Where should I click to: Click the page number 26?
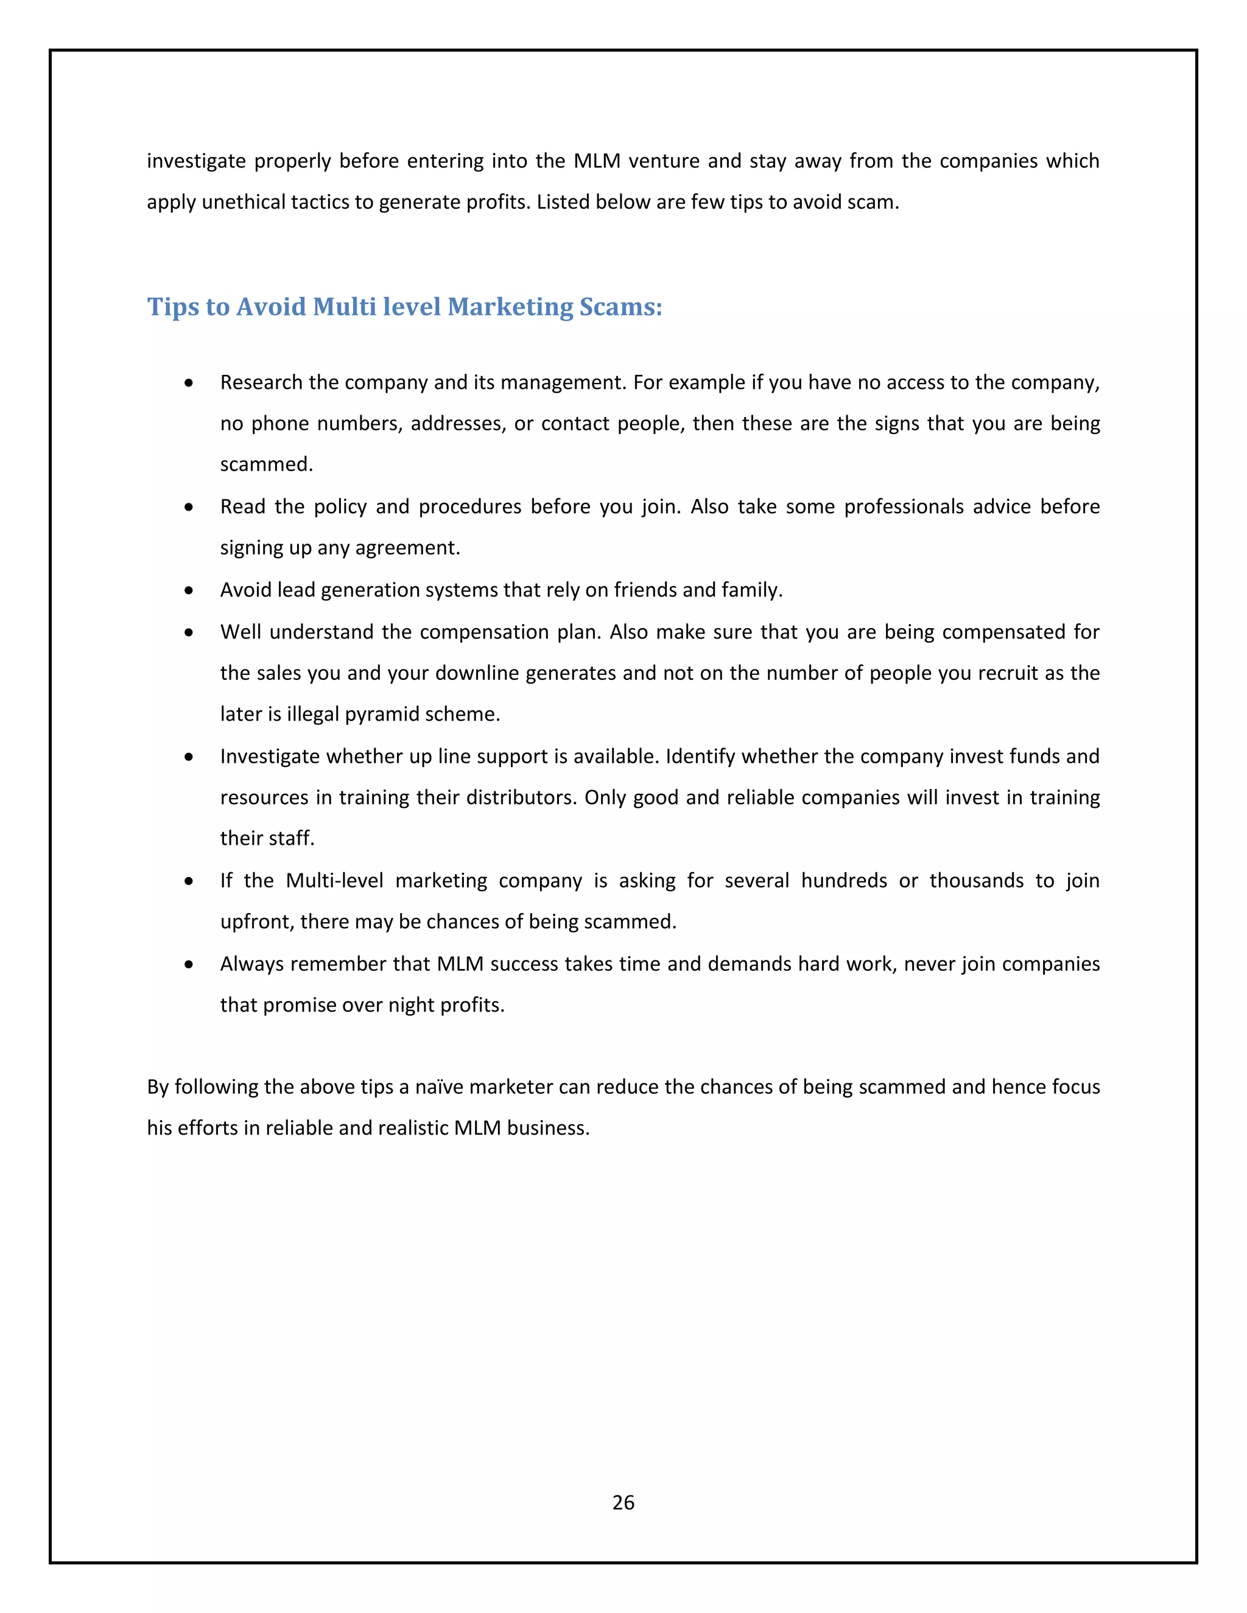point(623,1502)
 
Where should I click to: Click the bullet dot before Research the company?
point(190,383)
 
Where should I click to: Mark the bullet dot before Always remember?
point(190,965)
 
